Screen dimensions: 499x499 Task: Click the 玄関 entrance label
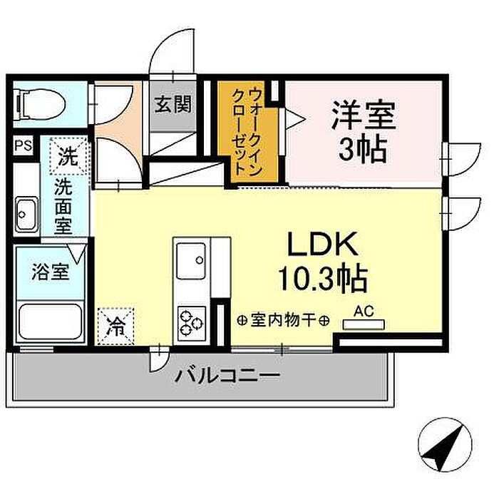click(173, 105)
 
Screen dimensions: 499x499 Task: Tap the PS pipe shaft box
click(22, 147)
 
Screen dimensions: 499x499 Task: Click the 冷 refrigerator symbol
click(115, 326)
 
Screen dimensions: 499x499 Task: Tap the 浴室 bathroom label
click(49, 272)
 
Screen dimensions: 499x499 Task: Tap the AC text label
click(363, 312)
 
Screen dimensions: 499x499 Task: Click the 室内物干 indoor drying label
click(282, 321)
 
